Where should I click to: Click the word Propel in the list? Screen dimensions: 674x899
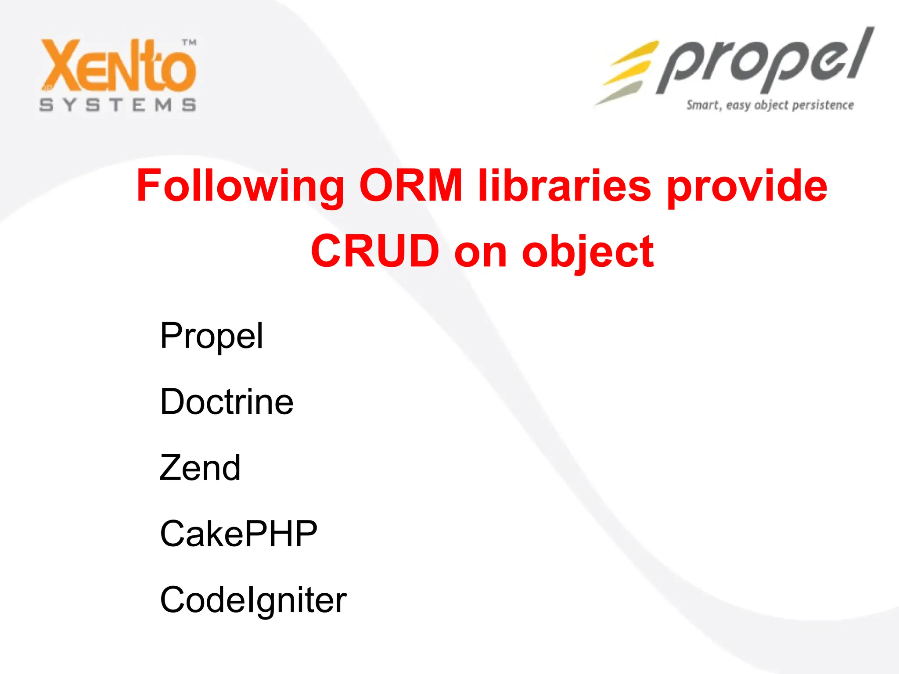pyautogui.click(x=212, y=337)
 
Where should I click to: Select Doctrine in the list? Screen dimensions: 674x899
pyautogui.click(x=227, y=402)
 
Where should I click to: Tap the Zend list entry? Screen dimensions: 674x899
pyautogui.click(x=200, y=468)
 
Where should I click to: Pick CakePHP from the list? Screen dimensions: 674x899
pyautogui.click(x=238, y=534)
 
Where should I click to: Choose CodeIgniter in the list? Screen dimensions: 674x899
pyautogui.click(x=253, y=600)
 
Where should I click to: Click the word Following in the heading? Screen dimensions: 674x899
pyautogui.click(x=240, y=186)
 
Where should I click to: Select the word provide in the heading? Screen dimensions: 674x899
pyautogui.click(x=747, y=187)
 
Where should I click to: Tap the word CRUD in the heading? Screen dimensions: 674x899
pyautogui.click(x=375, y=251)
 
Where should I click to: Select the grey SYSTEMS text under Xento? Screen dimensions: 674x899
pyautogui.click(x=118, y=105)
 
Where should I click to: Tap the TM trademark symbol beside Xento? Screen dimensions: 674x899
pyautogui.click(x=189, y=43)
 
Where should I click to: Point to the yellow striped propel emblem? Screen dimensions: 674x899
pyautogui.click(x=626, y=72)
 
